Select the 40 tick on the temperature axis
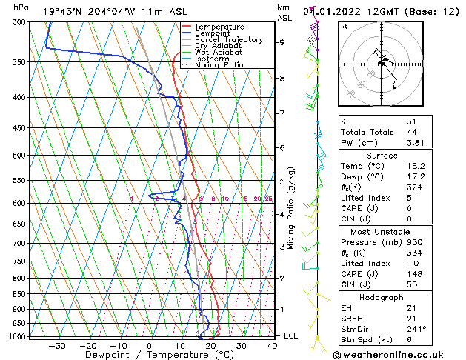272,346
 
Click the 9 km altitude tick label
282,42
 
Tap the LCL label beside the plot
292,336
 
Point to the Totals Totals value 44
411,131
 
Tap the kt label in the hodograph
344,26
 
